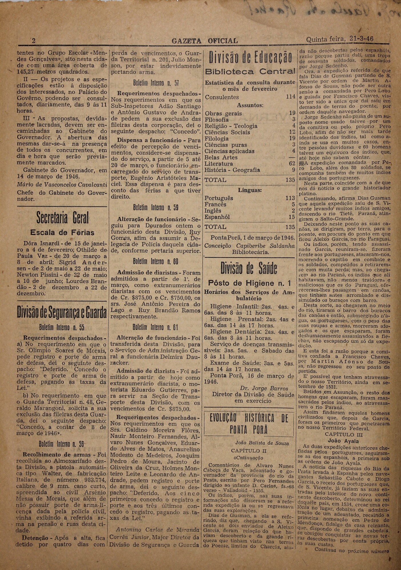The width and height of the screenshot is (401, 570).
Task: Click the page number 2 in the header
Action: click(33, 41)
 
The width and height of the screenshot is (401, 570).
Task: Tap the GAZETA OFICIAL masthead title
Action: click(204, 41)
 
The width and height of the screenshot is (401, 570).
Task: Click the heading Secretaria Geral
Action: click(62, 218)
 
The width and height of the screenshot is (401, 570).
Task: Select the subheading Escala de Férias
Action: click(62, 233)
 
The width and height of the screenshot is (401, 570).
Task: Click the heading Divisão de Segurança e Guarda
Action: click(62, 313)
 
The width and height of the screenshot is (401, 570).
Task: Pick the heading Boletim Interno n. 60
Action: click(156, 262)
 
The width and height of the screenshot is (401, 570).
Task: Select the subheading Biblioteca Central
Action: click(250, 71)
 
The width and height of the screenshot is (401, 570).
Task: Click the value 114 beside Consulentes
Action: click(290, 97)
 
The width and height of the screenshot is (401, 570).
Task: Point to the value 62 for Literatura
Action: click(292, 164)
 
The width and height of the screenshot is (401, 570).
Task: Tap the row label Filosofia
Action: click(217, 120)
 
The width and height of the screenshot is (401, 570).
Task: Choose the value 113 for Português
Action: click(290, 198)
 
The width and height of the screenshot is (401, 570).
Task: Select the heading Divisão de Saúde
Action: click(249, 268)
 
